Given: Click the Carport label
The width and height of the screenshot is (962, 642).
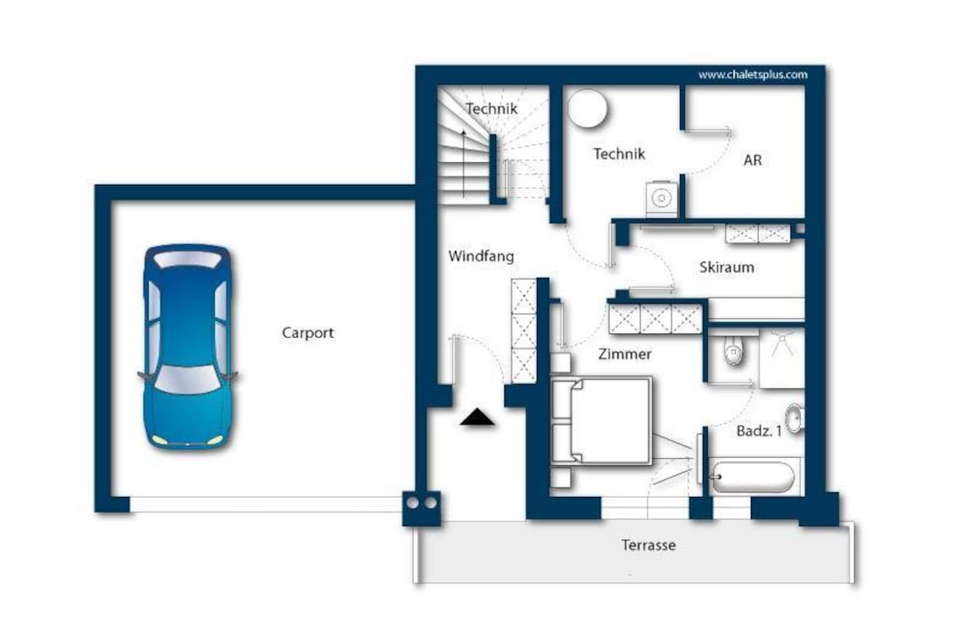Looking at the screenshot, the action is (308, 333).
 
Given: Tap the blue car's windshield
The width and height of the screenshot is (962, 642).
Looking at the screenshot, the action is (187, 379).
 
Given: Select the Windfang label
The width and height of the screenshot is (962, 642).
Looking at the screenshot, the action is (481, 256).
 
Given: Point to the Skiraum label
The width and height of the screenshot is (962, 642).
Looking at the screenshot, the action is (727, 268).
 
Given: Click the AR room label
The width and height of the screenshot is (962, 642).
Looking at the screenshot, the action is (753, 160).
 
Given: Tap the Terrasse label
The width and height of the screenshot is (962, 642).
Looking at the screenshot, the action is (649, 545).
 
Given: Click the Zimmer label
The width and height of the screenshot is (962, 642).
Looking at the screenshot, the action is (625, 354).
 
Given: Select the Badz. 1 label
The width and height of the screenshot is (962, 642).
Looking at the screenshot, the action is (759, 431).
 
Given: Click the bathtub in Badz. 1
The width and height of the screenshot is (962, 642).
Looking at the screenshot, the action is (753, 477).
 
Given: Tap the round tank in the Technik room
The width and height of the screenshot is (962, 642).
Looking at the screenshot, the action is (587, 108).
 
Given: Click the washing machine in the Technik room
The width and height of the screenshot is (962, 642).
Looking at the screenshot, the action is (661, 198).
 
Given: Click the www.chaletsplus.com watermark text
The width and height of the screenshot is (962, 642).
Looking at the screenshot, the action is (753, 75).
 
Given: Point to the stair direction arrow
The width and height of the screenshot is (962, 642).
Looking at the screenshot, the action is (464, 163).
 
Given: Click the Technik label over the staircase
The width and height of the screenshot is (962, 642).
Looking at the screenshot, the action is (491, 109).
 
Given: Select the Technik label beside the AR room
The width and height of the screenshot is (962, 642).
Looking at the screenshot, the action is (619, 154).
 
